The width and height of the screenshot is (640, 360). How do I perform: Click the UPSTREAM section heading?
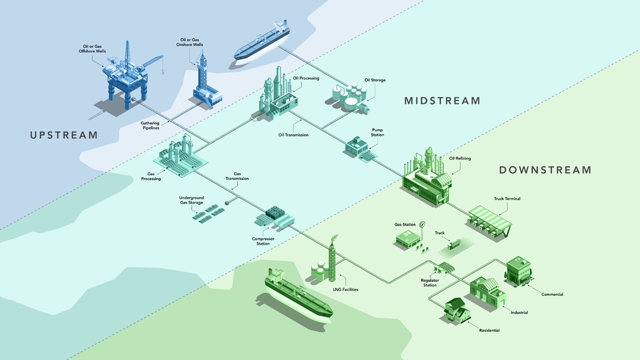pos(63,135)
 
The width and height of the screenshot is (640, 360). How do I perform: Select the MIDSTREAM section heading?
pos(441,101)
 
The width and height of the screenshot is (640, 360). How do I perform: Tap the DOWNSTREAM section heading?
pos(545,170)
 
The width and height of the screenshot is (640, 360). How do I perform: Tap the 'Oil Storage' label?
pos(375,80)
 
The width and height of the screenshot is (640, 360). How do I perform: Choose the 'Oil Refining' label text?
pos(460,158)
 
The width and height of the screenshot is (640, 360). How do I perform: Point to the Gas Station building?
pos(407,239)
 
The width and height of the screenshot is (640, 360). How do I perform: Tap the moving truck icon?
pos(454,243)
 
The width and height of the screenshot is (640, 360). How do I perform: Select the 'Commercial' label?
pos(552,294)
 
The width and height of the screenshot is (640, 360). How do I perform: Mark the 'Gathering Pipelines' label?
pos(151,126)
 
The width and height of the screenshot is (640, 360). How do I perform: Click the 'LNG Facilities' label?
pos(346,290)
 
